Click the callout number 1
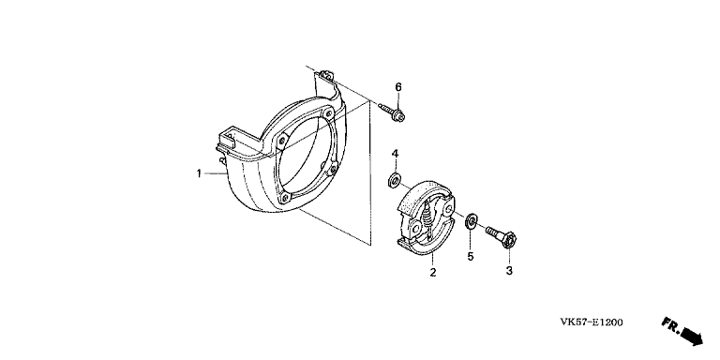[199, 173]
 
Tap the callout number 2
[433, 272]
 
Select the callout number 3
[509, 271]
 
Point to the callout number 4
[395, 154]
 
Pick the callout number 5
[471, 256]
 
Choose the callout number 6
[398, 87]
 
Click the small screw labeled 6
[392, 112]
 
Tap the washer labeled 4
[394, 180]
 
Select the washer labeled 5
[471, 222]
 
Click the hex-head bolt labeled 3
[502, 234]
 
